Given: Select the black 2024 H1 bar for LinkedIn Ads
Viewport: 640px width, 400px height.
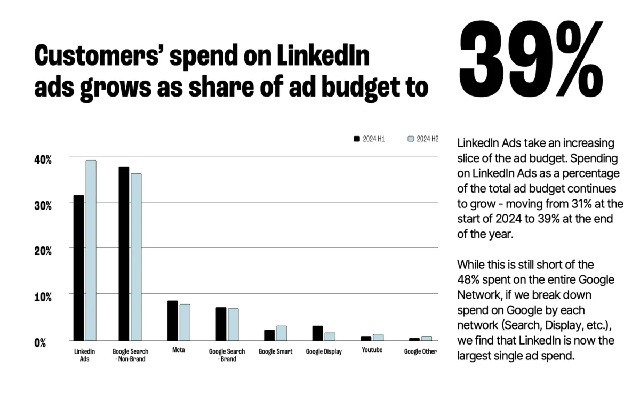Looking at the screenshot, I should point(78,268).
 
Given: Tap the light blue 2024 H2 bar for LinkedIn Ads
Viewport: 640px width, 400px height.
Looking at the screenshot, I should point(91,250).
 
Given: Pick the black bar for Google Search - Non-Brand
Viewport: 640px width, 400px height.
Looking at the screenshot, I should point(124,254).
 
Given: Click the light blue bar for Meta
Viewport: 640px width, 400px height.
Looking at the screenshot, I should point(185,322).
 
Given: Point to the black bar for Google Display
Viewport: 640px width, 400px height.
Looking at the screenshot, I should point(317,333).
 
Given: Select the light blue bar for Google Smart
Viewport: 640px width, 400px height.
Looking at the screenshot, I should point(282,333).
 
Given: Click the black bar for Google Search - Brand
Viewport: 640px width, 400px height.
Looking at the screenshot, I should point(221,324).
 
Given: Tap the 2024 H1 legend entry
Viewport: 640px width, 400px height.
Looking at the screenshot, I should point(369,139).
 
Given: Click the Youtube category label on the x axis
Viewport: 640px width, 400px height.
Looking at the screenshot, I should point(372,350).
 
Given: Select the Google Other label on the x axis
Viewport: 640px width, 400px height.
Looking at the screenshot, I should point(420,351).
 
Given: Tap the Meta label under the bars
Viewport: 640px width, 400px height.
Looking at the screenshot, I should point(179,350).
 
